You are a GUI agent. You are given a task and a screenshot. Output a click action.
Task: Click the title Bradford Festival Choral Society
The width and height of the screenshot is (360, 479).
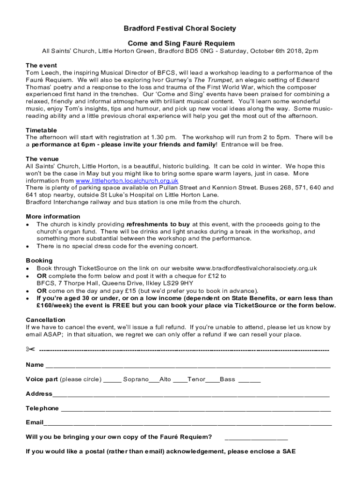(x=180, y=29)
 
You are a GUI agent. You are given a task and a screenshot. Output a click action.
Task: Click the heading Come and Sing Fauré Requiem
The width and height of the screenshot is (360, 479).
(x=180, y=43)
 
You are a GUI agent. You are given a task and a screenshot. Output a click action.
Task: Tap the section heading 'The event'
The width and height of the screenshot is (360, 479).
(x=41, y=65)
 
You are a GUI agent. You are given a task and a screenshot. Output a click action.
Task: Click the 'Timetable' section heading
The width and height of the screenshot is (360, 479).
(x=41, y=130)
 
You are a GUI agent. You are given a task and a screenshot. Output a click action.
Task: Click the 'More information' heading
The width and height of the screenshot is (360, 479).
(x=53, y=217)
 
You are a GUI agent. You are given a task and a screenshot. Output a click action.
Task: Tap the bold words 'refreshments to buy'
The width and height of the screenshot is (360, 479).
(x=158, y=224)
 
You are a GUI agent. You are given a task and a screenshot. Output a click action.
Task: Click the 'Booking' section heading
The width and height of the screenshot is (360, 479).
(x=39, y=260)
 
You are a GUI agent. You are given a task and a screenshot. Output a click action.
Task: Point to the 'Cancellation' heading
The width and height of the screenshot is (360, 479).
(x=46, y=319)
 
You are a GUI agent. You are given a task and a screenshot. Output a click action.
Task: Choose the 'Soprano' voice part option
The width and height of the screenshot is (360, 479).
(x=136, y=379)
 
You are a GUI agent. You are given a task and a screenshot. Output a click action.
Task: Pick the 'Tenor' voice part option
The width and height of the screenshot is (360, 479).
(x=196, y=379)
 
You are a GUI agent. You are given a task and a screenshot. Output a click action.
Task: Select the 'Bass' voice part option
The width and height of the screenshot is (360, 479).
(x=227, y=379)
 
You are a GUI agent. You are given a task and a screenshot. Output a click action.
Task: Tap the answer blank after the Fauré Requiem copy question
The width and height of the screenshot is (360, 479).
(x=256, y=438)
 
